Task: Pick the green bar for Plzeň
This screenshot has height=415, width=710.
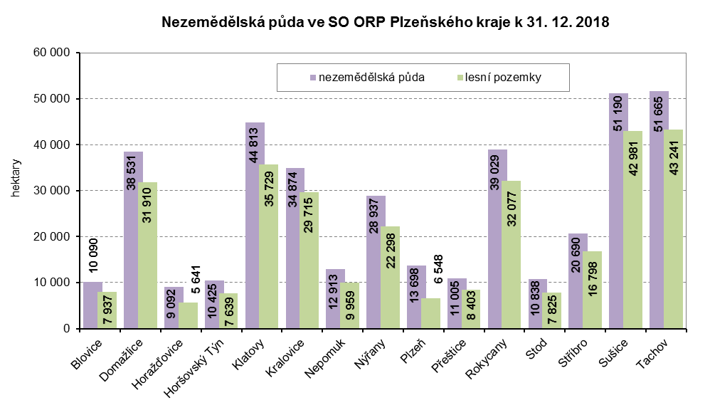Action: (430, 313)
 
